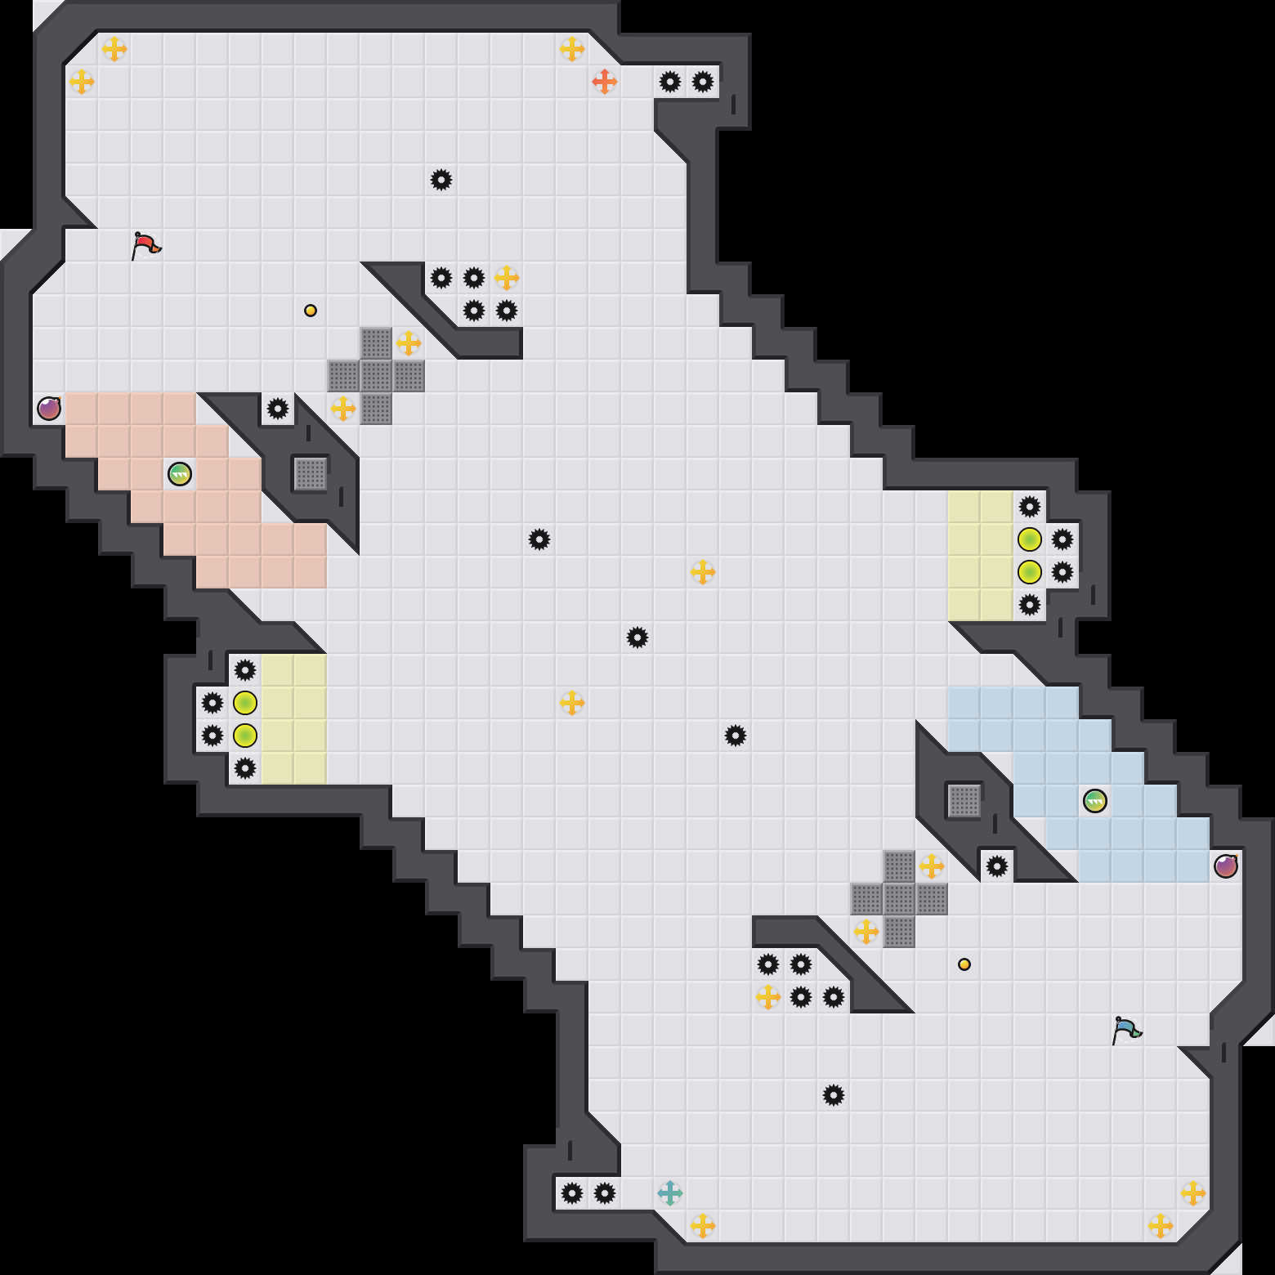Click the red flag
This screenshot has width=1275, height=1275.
[145, 245]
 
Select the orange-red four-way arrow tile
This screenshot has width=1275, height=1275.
[605, 82]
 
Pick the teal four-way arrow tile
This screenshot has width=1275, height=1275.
[670, 1193]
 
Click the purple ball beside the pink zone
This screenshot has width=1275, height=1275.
[49, 409]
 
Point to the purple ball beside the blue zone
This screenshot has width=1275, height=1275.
[1226, 866]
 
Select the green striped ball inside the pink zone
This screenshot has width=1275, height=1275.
[180, 474]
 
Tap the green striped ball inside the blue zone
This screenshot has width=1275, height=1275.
[1095, 801]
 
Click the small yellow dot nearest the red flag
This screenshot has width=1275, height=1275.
[311, 311]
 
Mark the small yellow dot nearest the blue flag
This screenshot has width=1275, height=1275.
[964, 964]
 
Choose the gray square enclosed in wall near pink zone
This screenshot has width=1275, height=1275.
[311, 474]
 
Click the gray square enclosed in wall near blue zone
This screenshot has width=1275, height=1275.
[964, 801]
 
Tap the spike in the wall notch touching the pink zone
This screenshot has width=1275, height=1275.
[278, 409]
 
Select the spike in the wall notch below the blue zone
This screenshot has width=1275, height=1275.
[997, 866]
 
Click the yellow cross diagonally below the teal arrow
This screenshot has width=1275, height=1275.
[703, 1226]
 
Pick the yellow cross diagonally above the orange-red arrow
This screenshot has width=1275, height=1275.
[572, 49]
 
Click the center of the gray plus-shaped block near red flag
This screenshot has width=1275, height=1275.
[376, 376]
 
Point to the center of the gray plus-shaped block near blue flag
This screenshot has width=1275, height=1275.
[899, 899]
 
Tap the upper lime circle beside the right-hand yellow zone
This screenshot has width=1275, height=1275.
[1030, 539]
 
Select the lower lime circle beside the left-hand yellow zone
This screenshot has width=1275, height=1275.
[245, 736]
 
